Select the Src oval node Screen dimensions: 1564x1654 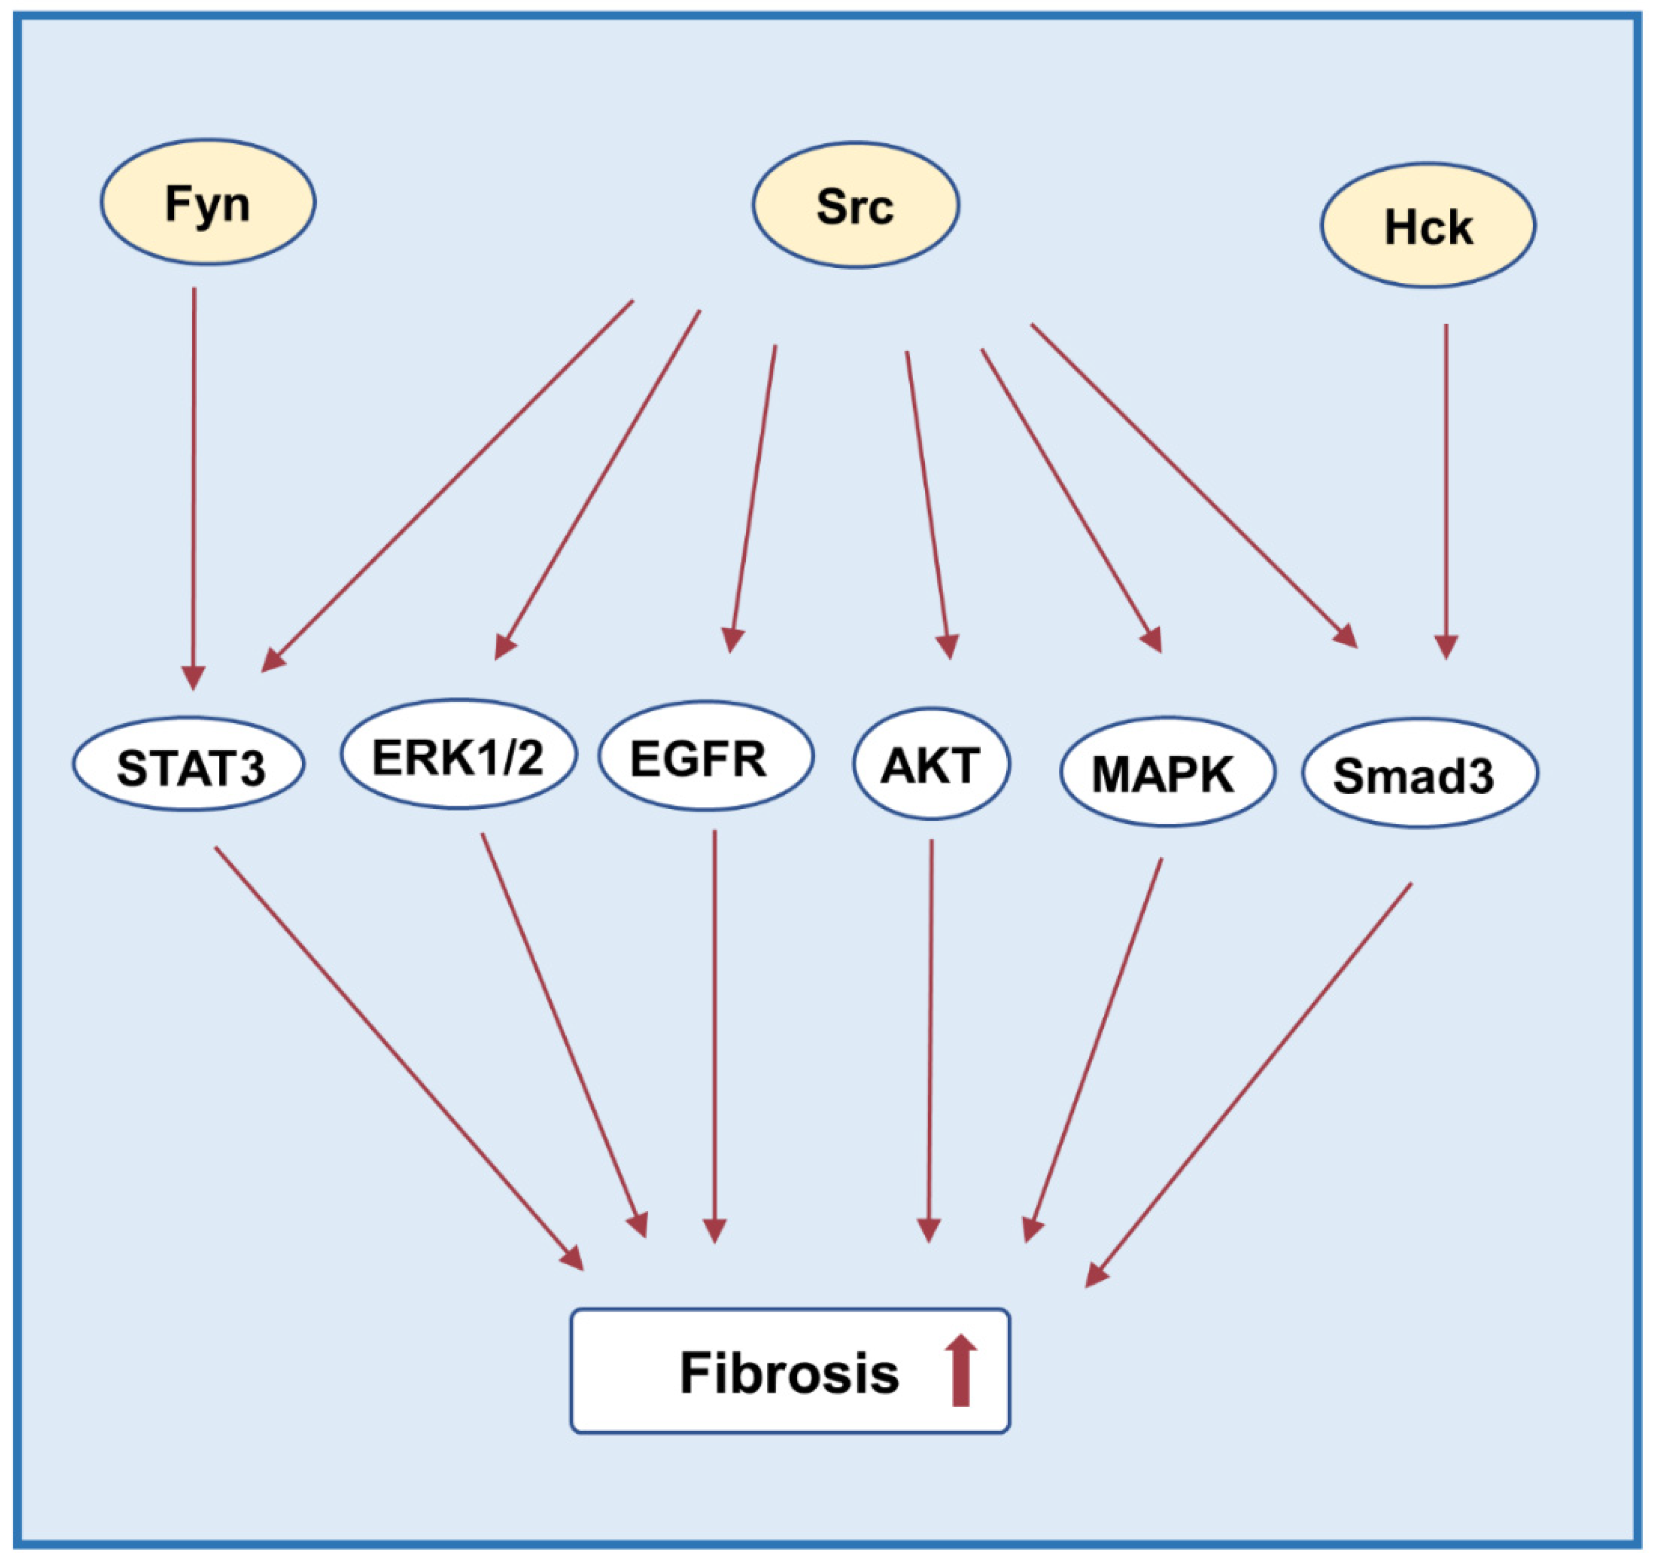[x=856, y=205]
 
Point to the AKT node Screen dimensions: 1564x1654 [x=931, y=763]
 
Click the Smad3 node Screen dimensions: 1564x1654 [x=1419, y=773]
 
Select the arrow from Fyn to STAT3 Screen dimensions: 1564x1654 [x=194, y=484]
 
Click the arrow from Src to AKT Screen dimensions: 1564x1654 [x=927, y=500]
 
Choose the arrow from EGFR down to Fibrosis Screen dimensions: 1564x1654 [x=714, y=1034]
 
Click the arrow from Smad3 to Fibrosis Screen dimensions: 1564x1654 [x=1251, y=1084]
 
